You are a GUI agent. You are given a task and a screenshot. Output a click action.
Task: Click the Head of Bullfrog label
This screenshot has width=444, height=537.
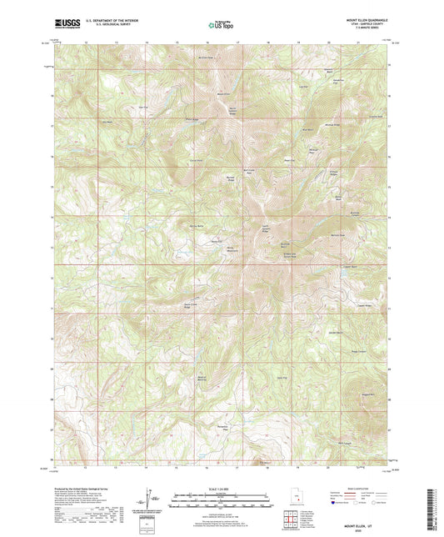[202, 379]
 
